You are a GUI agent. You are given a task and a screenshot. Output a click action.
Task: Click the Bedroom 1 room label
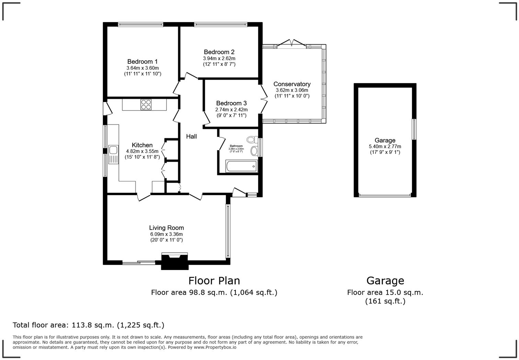(142, 62)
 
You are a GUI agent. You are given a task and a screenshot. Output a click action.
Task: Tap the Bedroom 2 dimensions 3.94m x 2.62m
(219, 58)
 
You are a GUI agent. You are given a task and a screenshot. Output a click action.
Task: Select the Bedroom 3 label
(231, 103)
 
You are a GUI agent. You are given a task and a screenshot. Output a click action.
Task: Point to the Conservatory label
(292, 84)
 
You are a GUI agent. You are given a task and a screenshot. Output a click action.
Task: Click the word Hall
(191, 137)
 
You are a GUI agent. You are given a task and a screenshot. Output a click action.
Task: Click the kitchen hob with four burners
(146, 104)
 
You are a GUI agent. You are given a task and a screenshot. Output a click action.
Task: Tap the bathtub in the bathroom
(241, 167)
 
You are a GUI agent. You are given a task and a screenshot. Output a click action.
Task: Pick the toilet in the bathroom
(252, 139)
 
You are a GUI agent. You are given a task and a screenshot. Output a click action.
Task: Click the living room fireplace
(175, 261)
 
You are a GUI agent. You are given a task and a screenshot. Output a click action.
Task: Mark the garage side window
(414, 129)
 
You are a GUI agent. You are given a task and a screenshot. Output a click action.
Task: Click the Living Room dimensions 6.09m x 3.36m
(166, 234)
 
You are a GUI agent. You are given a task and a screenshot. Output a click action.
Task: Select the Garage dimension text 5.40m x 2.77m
(385, 146)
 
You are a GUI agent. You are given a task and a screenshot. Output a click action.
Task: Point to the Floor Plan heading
(214, 281)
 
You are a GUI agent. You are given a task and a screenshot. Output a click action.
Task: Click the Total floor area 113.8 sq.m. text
(88, 325)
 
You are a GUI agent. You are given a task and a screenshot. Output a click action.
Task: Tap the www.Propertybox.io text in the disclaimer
(215, 347)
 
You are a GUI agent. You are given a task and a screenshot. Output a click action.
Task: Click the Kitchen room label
(142, 145)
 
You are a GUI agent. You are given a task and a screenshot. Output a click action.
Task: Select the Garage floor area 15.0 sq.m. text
(385, 292)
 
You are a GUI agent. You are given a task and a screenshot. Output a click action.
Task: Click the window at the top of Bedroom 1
(140, 24)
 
